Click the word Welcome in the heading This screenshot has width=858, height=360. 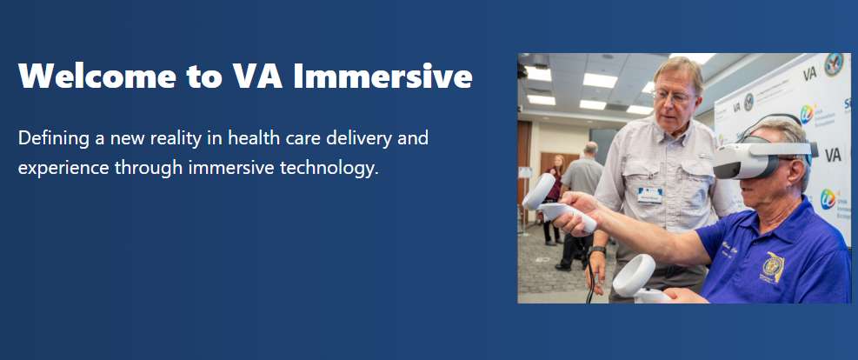click(x=97, y=76)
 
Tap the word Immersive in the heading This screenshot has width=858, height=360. click(x=382, y=76)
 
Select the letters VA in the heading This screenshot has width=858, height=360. click(x=257, y=76)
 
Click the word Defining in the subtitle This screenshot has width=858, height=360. click(x=53, y=139)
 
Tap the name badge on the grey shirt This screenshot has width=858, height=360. click(x=649, y=194)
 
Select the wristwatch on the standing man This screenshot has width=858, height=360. click(x=597, y=250)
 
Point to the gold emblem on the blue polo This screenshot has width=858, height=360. click(x=773, y=267)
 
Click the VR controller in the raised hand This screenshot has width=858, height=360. click(x=556, y=203)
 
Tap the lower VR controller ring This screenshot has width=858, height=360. click(x=635, y=276)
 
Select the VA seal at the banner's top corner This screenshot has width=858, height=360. click(x=834, y=64)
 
